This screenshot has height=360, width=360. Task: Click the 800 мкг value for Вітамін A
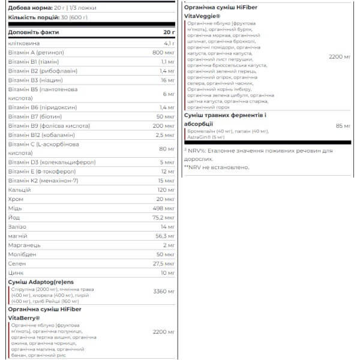[x=164, y=52]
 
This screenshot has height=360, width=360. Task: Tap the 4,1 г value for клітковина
[x=168, y=43]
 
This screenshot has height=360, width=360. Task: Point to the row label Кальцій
[x=19, y=189]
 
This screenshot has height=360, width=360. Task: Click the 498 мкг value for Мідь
[x=164, y=208]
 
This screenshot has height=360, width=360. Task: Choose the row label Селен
[x=17, y=263]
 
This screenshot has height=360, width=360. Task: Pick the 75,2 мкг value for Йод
[x=163, y=217]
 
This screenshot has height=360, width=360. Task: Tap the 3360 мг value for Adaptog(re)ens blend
[x=163, y=291]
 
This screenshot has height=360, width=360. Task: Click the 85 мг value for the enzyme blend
[x=343, y=126]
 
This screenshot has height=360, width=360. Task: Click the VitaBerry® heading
[x=24, y=319]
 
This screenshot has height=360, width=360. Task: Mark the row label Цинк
[x=16, y=273]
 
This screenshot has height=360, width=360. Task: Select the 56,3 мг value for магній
[x=164, y=236]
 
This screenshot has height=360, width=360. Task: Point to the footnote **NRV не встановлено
[x=217, y=167]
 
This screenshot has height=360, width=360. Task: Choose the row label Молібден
[x=23, y=254]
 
